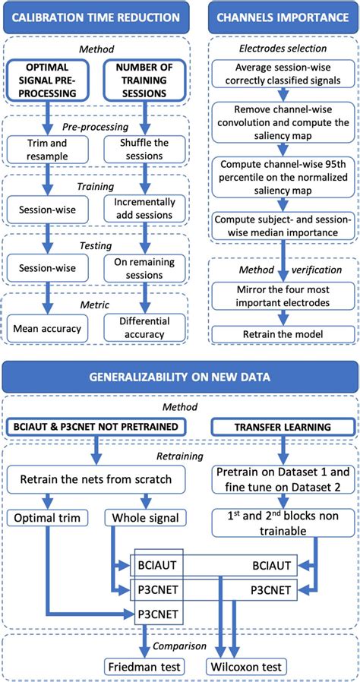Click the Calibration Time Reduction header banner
point(96,17)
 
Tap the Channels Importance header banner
point(283,17)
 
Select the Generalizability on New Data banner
point(180,376)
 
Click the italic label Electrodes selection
point(283,50)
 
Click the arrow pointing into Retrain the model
point(283,321)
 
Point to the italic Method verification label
point(283,269)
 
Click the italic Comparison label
point(180,646)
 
